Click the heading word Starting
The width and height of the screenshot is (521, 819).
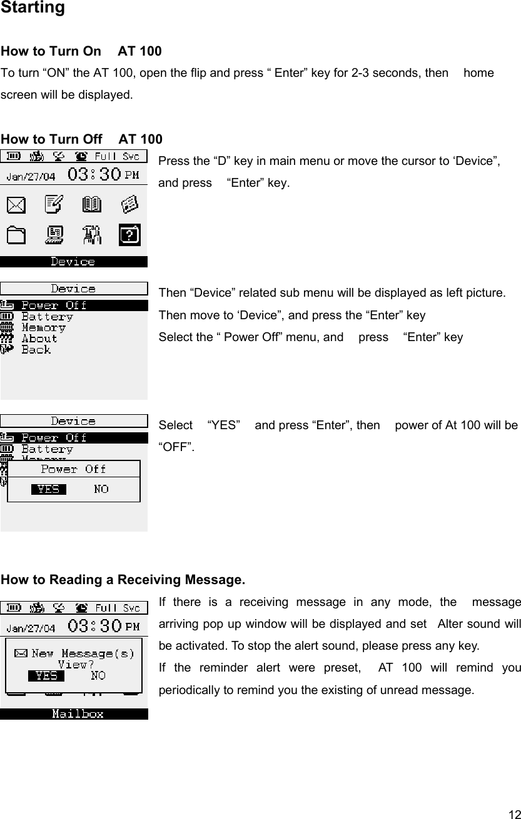point(33,8)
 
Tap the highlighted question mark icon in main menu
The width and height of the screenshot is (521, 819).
point(129,235)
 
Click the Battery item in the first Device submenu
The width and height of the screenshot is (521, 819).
point(47,317)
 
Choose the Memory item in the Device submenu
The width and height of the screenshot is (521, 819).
point(43,328)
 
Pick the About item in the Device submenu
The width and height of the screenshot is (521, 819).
point(39,339)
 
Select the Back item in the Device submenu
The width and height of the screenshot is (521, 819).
point(36,350)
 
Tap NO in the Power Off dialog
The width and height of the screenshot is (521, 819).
point(101,489)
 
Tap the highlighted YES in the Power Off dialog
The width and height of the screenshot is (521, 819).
point(48,489)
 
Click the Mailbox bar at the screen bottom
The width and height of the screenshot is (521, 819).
point(78,713)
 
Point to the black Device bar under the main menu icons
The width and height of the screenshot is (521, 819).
point(73,262)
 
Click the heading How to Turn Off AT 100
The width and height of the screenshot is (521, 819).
point(82,139)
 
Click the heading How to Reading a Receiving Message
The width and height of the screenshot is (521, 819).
point(123,580)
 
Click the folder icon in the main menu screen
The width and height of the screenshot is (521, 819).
point(18,235)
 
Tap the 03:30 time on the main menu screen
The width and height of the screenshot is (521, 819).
point(94,174)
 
